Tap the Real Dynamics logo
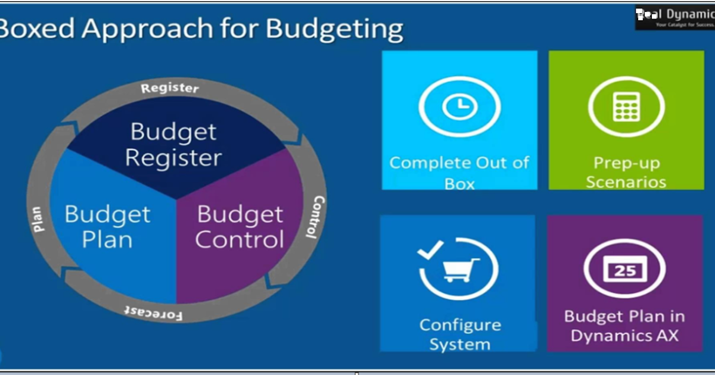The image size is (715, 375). (x=674, y=18)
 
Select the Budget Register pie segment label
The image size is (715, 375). (x=173, y=145)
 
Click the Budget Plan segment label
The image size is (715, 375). (x=107, y=227)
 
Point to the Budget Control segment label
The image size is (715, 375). (x=240, y=227)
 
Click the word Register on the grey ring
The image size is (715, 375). (x=170, y=88)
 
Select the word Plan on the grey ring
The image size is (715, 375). (x=38, y=218)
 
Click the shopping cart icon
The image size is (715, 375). (x=459, y=270)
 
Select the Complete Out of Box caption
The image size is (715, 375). (x=459, y=173)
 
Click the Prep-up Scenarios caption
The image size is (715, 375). (x=626, y=172)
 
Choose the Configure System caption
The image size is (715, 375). (x=459, y=335)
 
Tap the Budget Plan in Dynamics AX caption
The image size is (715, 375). (x=624, y=326)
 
